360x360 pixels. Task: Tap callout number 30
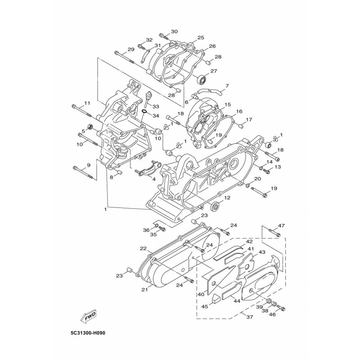pos(174,31)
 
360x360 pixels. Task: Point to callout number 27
pos(214,71)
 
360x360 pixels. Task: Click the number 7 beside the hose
pos(227,85)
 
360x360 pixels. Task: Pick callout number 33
pos(156,106)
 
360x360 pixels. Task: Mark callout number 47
pos(281,225)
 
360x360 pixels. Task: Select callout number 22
pos(144,248)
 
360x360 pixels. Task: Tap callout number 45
pos(205,306)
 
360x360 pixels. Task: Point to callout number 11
pos(87,103)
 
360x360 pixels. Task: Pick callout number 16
pos(239,112)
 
